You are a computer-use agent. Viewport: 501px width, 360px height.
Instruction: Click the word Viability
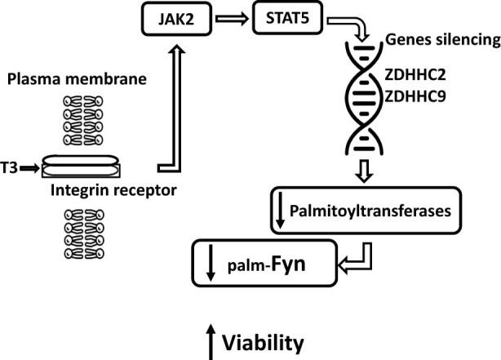click(268, 340)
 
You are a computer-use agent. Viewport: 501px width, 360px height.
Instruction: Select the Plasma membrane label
click(76, 79)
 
